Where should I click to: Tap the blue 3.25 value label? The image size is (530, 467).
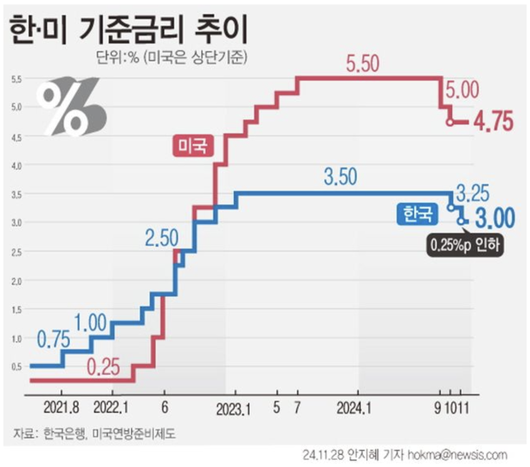477,194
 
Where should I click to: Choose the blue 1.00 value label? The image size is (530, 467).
91,322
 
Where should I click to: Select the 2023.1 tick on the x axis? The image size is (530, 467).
235,410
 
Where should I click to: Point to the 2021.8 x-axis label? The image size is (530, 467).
62,410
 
